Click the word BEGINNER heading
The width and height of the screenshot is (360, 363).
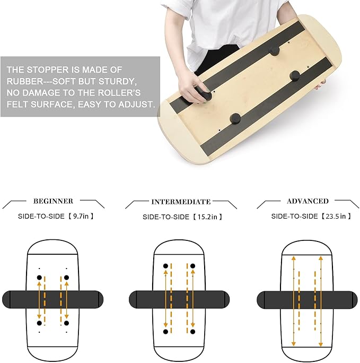click(53, 201)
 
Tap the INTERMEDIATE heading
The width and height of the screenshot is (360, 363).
click(181, 202)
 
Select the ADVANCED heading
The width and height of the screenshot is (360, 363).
click(308, 201)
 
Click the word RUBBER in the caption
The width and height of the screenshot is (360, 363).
click(25, 81)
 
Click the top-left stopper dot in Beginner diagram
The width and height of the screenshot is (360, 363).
click(39, 278)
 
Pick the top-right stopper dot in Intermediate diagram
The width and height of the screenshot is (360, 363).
click(192, 265)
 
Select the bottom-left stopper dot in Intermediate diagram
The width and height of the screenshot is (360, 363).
click(166, 331)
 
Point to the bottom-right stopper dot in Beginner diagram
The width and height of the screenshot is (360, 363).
click(66, 322)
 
